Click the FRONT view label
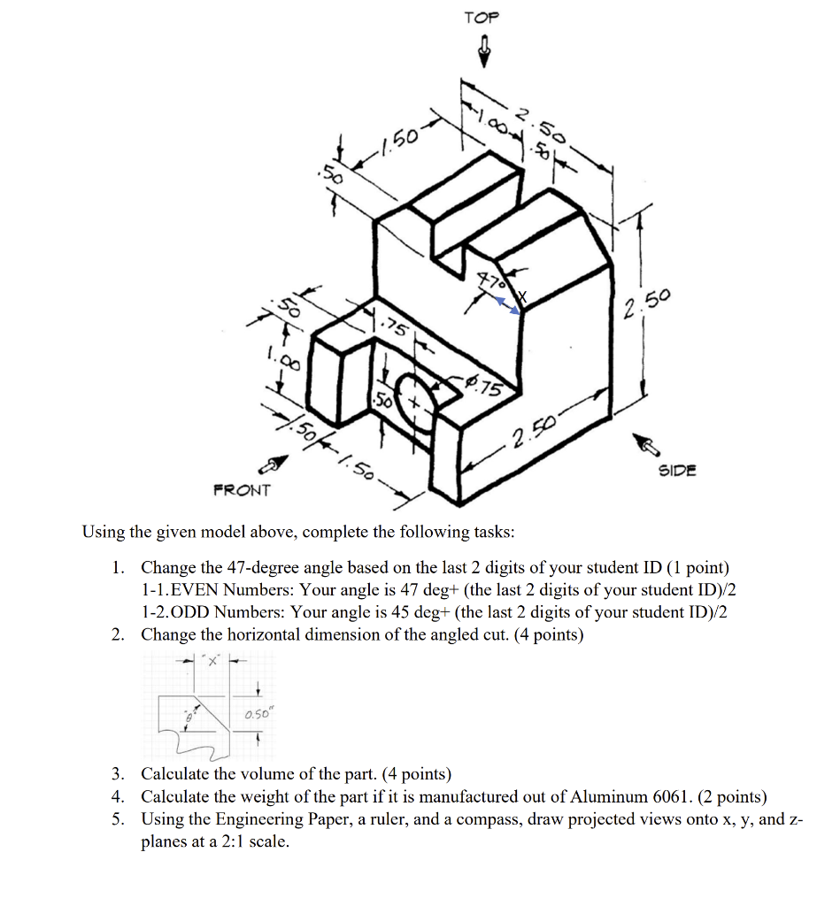point(242,489)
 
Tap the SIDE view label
point(677,470)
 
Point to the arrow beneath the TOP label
point(483,51)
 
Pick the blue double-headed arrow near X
point(506,305)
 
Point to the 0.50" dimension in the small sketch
point(255,714)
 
